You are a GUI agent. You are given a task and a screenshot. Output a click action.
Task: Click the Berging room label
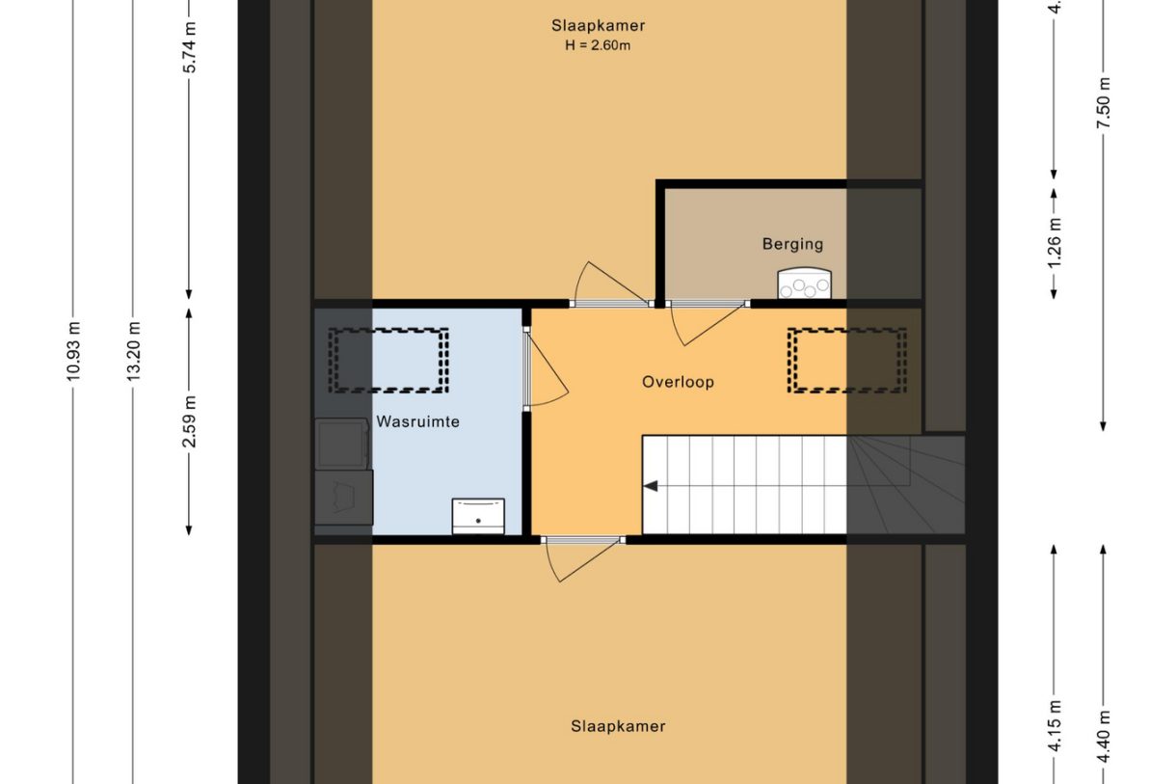click(792, 244)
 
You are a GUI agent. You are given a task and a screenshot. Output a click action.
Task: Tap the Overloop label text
click(678, 382)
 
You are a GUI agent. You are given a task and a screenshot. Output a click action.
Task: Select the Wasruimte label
click(417, 421)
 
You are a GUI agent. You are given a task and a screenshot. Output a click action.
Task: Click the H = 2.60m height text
click(598, 45)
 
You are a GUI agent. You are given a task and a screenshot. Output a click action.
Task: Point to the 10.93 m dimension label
click(74, 351)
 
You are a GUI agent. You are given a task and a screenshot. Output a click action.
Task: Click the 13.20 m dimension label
click(134, 351)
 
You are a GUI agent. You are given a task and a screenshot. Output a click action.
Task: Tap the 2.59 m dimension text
click(190, 421)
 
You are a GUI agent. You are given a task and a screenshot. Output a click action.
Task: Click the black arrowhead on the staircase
click(652, 486)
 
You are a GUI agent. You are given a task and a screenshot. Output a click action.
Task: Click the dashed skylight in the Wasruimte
click(389, 360)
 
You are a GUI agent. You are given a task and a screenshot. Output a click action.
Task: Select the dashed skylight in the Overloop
click(846, 360)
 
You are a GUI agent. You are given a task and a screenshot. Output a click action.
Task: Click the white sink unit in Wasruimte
click(478, 516)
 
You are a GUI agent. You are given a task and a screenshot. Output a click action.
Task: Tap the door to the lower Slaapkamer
click(581, 556)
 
